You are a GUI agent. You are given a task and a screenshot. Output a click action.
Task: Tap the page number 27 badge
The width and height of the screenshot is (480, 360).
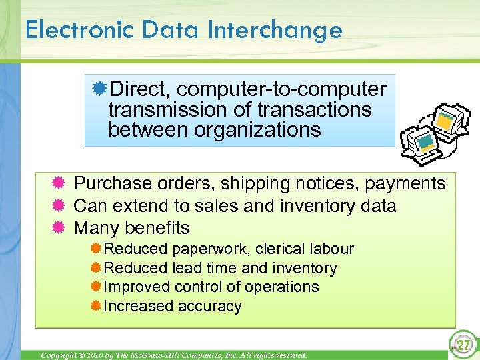pos(461,345)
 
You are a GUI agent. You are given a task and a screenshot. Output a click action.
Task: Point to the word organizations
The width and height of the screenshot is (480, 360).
pos(257,129)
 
